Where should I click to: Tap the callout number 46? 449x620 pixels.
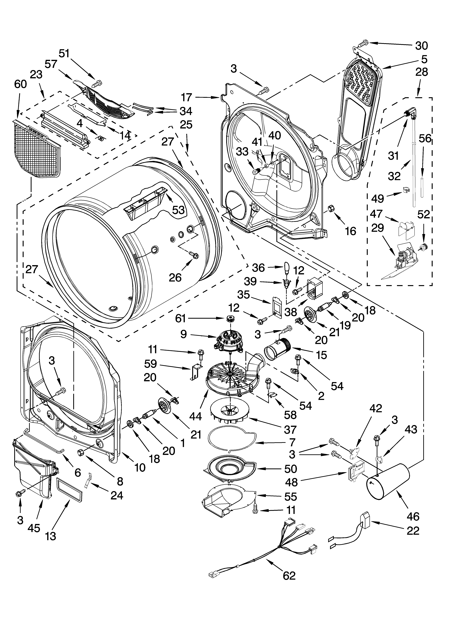pos(413,516)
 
